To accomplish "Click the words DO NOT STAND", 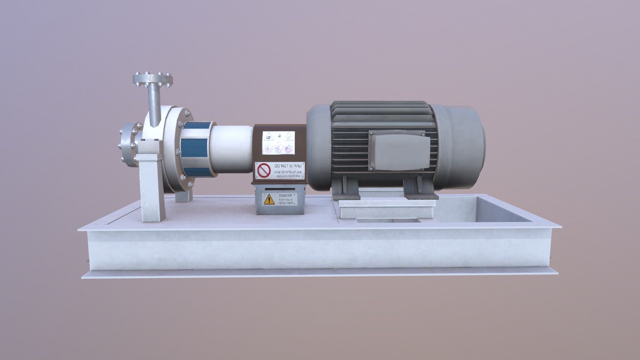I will click(288, 166).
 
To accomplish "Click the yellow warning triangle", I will click(269, 200).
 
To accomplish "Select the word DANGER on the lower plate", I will click(285, 196).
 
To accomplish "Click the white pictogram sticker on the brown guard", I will click(279, 143).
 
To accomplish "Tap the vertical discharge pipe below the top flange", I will click(154, 103).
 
